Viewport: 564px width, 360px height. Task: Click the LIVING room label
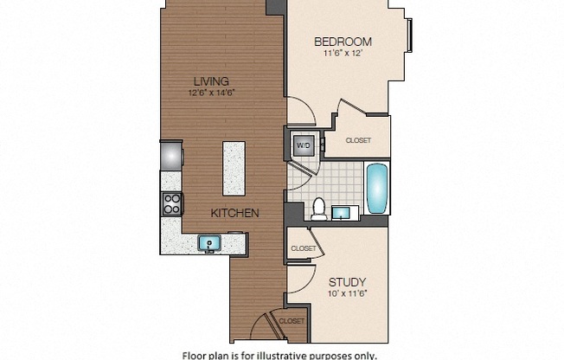click(211, 81)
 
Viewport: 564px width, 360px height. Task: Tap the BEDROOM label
click(343, 42)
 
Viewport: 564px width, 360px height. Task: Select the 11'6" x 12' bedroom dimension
click(343, 53)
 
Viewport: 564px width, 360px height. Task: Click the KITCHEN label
click(235, 212)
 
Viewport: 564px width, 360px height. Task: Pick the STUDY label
click(348, 282)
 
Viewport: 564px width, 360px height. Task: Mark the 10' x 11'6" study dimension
click(348, 294)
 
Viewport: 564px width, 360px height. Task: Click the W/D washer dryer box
click(304, 145)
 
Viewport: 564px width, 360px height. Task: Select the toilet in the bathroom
click(317, 208)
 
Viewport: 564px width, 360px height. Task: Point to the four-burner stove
click(171, 204)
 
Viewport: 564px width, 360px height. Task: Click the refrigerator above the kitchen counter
click(171, 155)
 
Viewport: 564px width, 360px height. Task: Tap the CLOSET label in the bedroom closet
click(358, 140)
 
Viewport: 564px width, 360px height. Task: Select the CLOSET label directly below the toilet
click(303, 248)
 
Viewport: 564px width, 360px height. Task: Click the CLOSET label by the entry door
click(292, 321)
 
